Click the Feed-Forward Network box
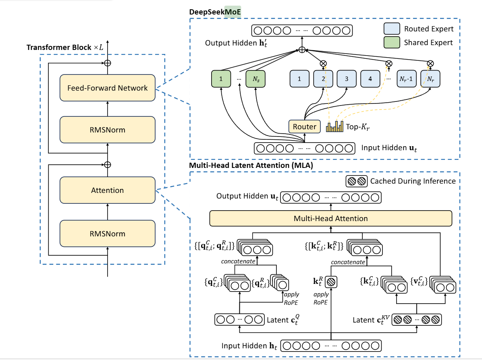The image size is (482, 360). [107, 88]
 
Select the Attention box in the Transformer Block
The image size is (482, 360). [107, 190]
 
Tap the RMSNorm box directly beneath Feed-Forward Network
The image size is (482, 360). [107, 130]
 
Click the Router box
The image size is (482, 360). [304, 127]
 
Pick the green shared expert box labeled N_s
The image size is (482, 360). [256, 79]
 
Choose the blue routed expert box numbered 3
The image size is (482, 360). [347, 79]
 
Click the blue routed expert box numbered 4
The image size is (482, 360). [370, 79]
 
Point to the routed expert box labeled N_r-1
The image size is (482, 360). [406, 79]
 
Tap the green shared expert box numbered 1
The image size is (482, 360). [221, 79]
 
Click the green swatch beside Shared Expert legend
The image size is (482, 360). [391, 42]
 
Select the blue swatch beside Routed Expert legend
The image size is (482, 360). [391, 29]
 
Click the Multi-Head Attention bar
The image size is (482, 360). [330, 219]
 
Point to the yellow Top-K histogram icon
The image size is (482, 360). [334, 127]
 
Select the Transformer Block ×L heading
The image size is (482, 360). [64, 48]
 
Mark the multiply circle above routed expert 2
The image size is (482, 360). [323, 63]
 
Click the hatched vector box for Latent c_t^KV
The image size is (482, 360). [417, 320]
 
